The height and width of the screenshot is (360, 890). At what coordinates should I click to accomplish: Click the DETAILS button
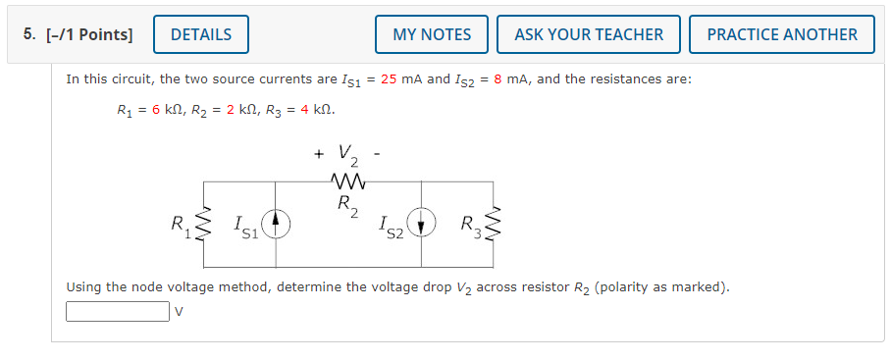coord(201,34)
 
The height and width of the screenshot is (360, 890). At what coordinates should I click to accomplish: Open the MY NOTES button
coord(432,34)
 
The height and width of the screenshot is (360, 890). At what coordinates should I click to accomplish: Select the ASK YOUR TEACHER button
coord(589,34)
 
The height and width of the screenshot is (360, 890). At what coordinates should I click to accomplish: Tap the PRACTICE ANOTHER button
coord(782,34)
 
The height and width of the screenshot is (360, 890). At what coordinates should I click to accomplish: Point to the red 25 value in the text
coord(390,78)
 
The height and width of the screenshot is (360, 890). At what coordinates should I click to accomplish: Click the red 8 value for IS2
coord(498,78)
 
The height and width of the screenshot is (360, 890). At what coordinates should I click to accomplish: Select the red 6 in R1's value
coord(156,110)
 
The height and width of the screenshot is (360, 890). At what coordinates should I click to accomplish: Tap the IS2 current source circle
coord(422,226)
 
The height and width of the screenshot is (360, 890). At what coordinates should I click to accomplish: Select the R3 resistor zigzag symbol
coord(494,226)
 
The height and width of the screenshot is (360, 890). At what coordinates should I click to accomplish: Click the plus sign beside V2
coord(318,154)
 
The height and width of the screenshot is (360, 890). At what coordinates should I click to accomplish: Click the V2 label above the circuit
coord(348,155)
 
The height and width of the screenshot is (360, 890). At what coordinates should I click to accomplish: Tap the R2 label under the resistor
coord(347,205)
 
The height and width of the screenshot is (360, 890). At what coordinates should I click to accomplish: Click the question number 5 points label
coord(78,34)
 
